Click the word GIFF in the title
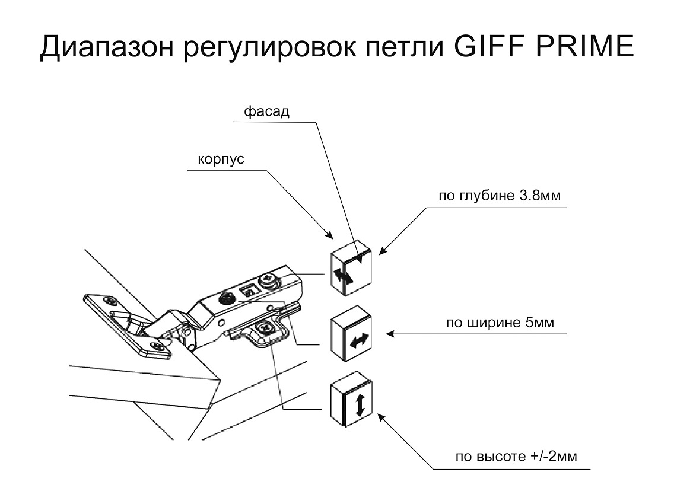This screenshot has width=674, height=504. coord(491,46)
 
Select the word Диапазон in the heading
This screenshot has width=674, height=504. coord(107,47)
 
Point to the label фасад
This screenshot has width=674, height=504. coord(266,111)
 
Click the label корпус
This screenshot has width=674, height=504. coord(221,160)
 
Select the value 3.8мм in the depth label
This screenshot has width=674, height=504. coord(540,196)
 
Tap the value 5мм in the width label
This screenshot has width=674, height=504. coord(539,322)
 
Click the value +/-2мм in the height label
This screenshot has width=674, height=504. coord(554,456)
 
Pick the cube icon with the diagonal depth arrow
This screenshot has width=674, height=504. coord(350,267)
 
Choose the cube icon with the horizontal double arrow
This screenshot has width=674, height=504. coord(350,334)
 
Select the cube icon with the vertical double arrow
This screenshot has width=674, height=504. coord(351,398)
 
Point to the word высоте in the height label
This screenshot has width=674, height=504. coord(501,457)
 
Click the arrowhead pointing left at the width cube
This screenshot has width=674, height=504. coord(390,334)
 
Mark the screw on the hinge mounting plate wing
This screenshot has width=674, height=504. coord(263,328)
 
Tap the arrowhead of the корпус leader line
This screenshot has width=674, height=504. coord(330,235)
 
